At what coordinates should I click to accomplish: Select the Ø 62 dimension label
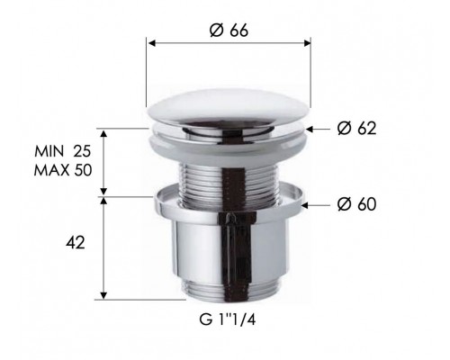tap(355, 130)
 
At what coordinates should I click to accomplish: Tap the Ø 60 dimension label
tap(355, 205)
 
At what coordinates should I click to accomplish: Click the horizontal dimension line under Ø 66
tap(228, 43)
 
